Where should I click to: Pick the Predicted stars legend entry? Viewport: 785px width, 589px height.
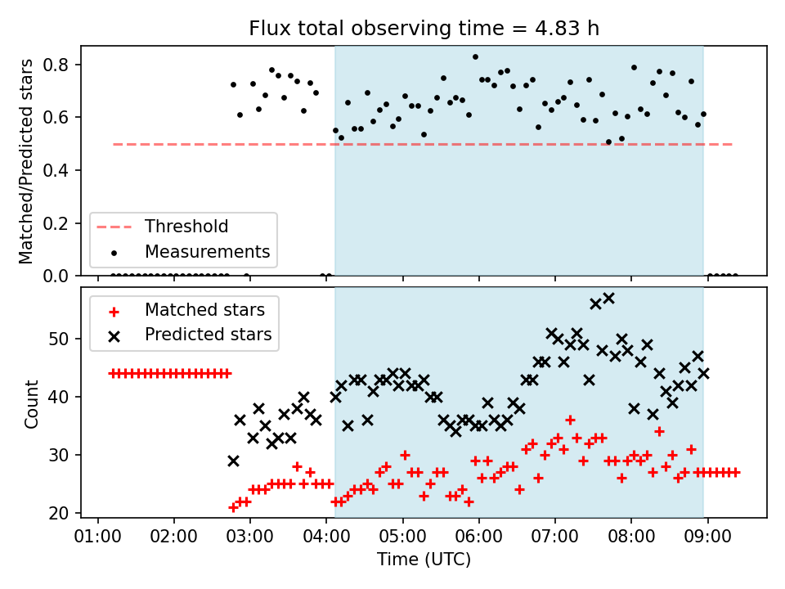click(x=191, y=335)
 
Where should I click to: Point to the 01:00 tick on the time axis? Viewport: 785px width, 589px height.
click(x=97, y=537)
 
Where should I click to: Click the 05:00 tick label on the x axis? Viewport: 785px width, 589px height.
click(x=402, y=537)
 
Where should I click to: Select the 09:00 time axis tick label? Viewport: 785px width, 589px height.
click(x=707, y=537)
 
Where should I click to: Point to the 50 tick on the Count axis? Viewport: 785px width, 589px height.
click(x=59, y=339)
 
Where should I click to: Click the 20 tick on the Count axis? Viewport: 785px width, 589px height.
click(x=59, y=513)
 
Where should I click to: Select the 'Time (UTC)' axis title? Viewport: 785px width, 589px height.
click(x=424, y=559)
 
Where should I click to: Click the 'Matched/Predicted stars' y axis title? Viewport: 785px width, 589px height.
click(x=25, y=161)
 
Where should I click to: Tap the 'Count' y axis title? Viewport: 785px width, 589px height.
click(x=31, y=403)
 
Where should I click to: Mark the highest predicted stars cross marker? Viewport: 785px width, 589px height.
click(x=608, y=299)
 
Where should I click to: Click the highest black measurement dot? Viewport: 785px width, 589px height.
click(x=476, y=57)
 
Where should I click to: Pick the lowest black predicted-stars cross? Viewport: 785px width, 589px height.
click(x=233, y=461)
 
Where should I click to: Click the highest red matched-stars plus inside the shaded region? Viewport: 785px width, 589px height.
click(x=570, y=420)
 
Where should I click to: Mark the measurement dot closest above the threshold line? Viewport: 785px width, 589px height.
click(x=608, y=142)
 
